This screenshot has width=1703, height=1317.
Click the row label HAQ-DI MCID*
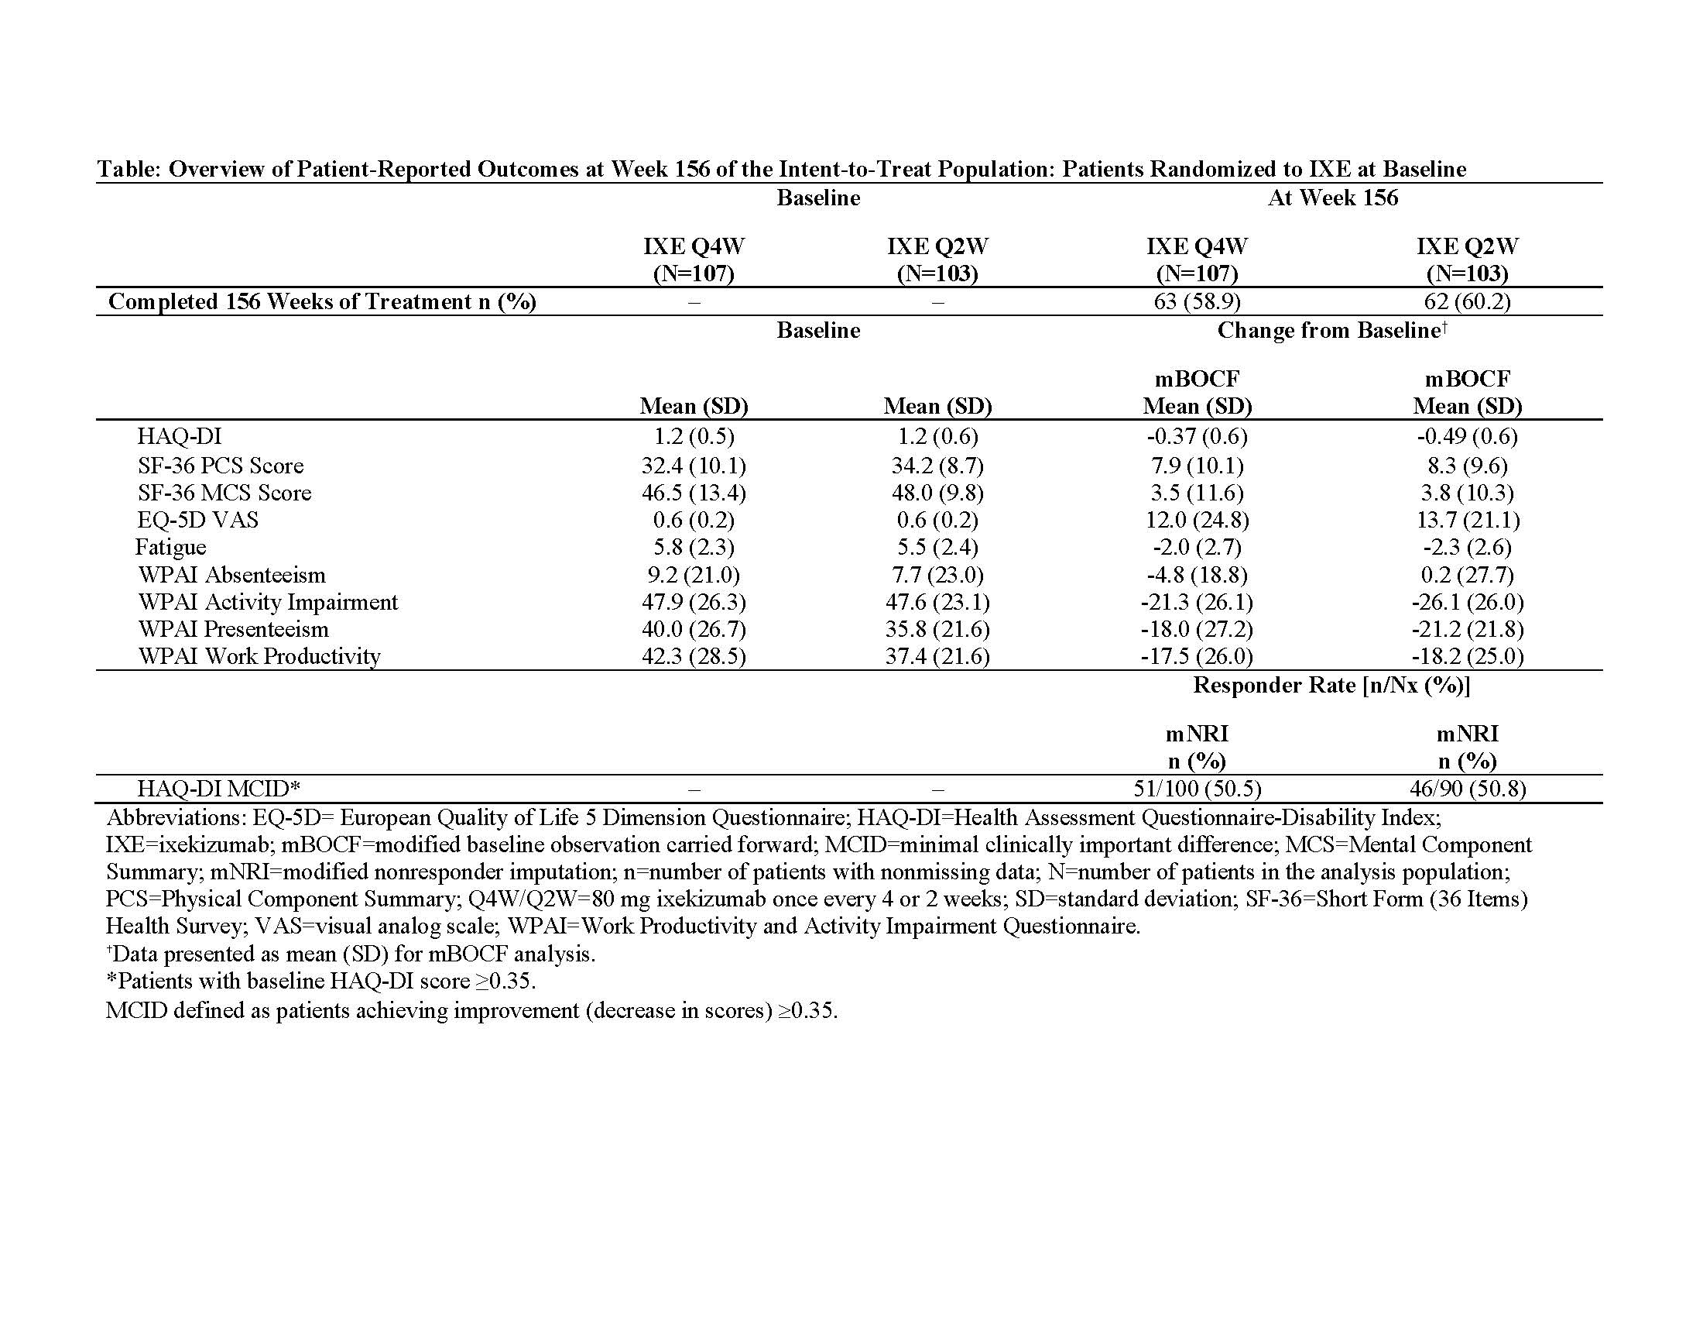(218, 789)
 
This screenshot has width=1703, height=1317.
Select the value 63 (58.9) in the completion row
(1197, 301)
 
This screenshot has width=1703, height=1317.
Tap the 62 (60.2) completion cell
(1467, 301)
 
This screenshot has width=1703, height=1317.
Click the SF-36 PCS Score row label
(221, 466)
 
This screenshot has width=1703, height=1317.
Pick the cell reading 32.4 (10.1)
(694, 466)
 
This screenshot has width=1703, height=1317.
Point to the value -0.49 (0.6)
(1467, 436)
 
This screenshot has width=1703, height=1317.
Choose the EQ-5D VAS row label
(198, 520)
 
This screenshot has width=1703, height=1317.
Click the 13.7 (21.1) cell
(1467, 520)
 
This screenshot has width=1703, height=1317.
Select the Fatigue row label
(171, 547)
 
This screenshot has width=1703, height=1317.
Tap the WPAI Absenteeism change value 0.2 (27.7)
(1467, 575)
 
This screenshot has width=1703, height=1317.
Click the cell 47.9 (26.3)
(694, 602)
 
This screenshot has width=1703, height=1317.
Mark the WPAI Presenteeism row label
(233, 629)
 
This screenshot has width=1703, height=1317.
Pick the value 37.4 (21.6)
(937, 656)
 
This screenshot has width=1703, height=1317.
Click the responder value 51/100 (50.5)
(1197, 789)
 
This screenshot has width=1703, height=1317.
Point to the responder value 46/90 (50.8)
(1467, 789)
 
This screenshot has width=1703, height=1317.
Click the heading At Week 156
(1333, 198)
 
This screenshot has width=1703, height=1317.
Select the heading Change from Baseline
(1328, 331)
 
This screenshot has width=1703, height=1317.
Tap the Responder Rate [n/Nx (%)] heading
(1332, 685)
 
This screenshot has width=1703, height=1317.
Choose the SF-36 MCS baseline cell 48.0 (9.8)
(937, 493)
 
